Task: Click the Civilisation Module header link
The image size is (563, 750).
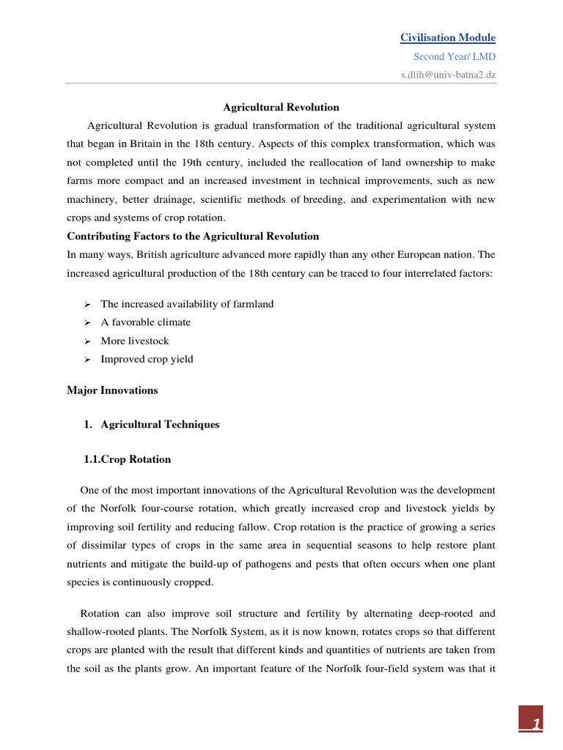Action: click(x=447, y=37)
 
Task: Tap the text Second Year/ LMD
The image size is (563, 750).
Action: click(x=455, y=56)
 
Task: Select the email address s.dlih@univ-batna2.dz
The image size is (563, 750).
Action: click(x=448, y=74)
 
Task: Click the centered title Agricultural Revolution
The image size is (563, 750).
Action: click(x=281, y=107)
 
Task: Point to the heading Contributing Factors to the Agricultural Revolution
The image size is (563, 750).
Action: click(x=193, y=236)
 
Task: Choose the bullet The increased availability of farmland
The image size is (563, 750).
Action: click(x=187, y=304)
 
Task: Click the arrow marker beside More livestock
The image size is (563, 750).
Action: click(x=87, y=341)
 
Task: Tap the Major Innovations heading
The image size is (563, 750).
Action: click(x=112, y=390)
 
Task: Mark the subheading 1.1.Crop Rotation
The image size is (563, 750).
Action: click(x=128, y=459)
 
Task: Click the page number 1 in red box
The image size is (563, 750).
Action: click(x=537, y=724)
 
